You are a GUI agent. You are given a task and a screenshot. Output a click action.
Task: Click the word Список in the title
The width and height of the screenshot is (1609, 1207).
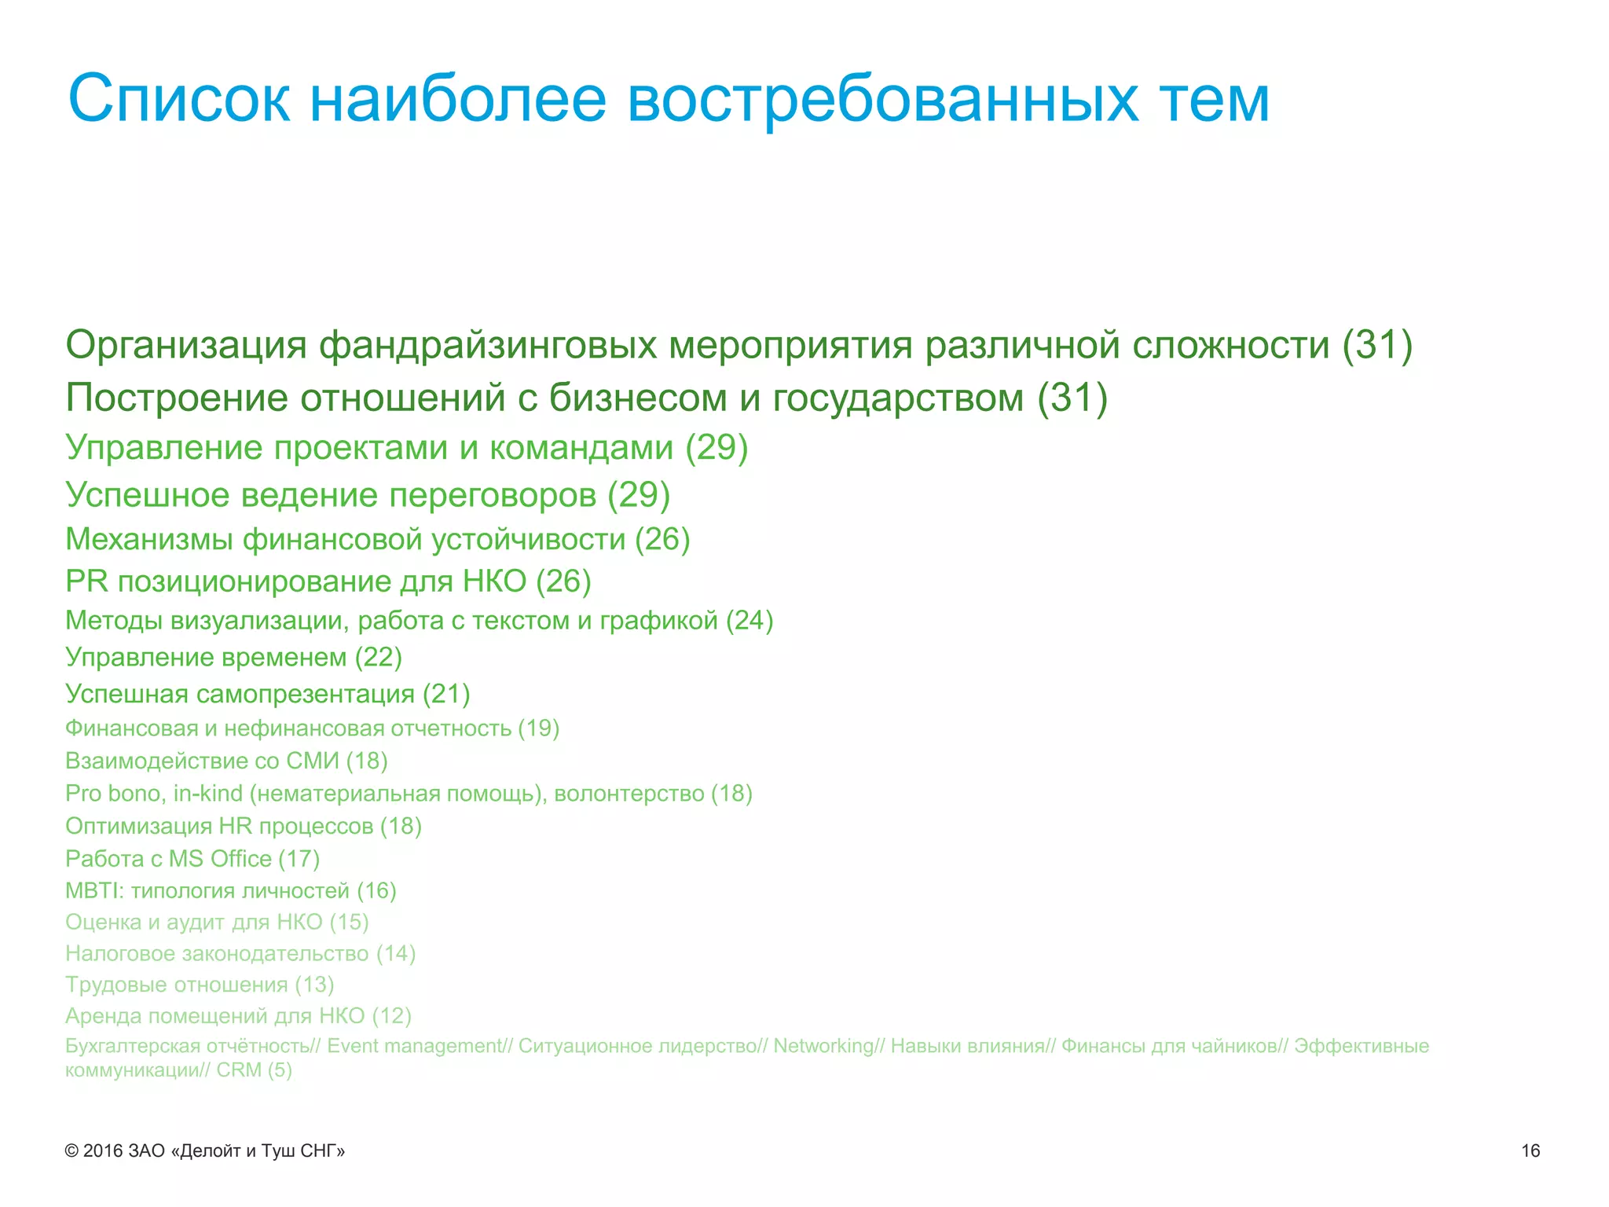179,99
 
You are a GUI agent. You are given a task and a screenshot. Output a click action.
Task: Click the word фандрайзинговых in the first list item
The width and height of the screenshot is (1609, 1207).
487,346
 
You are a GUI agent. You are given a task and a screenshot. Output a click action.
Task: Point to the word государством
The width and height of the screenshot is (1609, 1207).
898,398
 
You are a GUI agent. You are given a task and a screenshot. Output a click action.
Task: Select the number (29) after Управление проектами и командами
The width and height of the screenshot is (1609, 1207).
717,447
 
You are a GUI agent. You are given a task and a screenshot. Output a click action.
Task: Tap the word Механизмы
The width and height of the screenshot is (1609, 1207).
148,539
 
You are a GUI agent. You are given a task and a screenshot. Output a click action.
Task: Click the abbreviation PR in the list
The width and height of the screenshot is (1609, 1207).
86,581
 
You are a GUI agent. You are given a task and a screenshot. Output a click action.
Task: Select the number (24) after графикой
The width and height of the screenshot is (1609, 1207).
750,621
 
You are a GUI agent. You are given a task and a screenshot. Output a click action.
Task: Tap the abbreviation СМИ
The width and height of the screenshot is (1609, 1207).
312,761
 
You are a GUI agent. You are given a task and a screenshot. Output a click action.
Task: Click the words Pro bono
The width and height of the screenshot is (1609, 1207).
115,794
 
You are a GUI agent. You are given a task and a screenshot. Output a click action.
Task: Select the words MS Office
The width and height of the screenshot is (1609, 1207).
220,859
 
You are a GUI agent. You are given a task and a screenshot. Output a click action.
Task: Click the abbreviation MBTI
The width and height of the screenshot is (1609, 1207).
93,891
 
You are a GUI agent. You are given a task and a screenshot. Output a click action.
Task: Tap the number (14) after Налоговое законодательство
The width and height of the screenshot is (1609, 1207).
395,954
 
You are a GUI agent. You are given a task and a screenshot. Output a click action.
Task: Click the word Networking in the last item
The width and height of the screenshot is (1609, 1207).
823,1047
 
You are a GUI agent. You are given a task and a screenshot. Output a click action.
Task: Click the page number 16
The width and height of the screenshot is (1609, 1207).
1530,1151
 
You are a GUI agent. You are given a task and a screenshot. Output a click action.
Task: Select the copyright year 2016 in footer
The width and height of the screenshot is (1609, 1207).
103,1151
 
